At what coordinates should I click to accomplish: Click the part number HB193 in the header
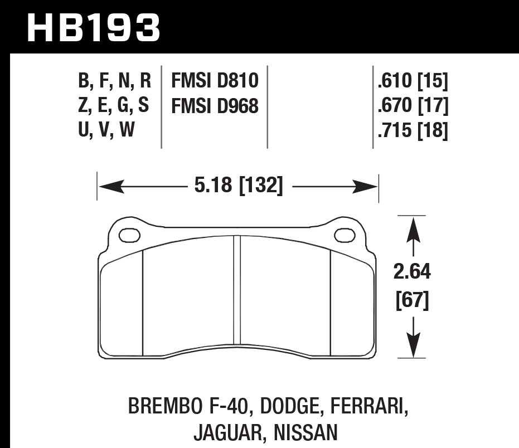[x=93, y=28]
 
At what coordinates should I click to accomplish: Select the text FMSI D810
[x=215, y=81]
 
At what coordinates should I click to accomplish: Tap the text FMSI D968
[x=215, y=106]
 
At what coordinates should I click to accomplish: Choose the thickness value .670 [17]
[x=413, y=106]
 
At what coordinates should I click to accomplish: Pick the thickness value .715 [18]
[x=413, y=130]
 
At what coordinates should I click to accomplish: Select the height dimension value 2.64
[x=412, y=272]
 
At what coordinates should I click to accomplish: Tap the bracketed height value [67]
[x=412, y=301]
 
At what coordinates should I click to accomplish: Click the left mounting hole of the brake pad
[x=130, y=235]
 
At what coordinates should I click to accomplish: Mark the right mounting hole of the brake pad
[x=345, y=235]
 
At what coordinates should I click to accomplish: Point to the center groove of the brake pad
[x=237, y=290]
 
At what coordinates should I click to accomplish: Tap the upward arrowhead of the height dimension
[x=412, y=228]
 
